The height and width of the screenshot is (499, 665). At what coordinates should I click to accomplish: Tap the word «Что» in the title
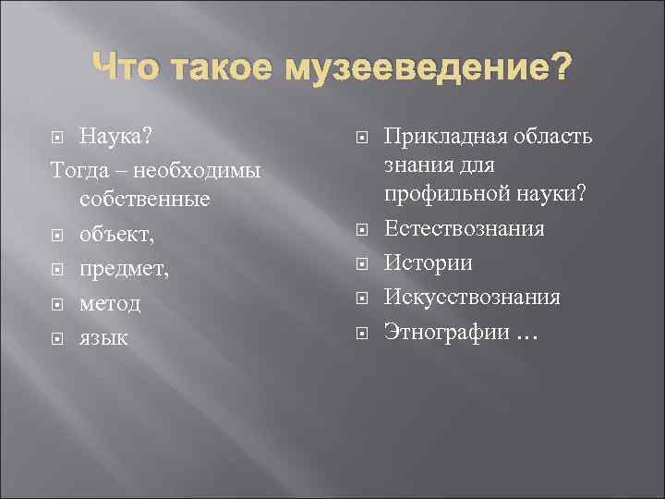(123, 67)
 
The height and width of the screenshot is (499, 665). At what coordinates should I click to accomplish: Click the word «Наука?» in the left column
(115, 138)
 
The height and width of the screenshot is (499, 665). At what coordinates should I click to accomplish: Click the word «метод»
(110, 304)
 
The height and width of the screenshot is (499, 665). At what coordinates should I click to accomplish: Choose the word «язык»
(103, 337)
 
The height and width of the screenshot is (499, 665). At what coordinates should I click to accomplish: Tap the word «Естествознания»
(465, 229)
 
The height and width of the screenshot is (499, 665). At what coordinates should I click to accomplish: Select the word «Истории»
(429, 263)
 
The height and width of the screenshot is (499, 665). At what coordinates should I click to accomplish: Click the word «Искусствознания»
(473, 298)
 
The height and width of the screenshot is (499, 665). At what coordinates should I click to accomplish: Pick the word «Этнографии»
(447, 331)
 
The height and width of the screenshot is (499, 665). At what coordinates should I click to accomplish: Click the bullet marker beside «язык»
(58, 338)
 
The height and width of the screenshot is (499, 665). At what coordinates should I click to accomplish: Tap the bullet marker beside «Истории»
(363, 264)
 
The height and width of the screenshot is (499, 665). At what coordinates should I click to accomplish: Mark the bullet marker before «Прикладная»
(363, 139)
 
